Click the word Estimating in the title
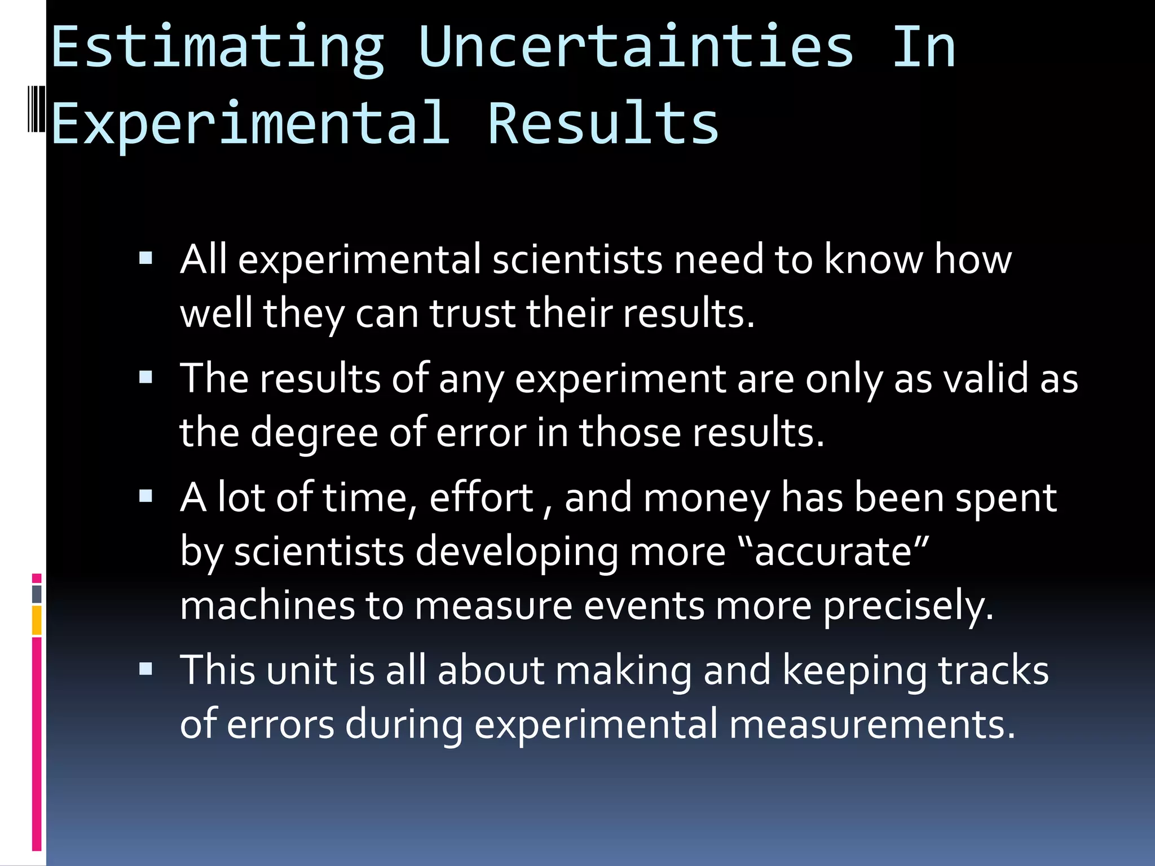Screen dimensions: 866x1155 pos(218,48)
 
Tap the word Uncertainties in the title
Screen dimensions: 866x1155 pos(636,48)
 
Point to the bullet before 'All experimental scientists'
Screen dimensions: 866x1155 pos(146,259)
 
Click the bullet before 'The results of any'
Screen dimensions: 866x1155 pos(146,377)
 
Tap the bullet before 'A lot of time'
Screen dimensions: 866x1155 pos(146,496)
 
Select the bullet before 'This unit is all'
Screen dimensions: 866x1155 pos(146,669)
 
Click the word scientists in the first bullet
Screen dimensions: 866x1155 pos(577,260)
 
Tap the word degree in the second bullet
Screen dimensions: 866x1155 pos(314,433)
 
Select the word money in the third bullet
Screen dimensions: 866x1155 pos(706,498)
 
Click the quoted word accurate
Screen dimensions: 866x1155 pos(834,551)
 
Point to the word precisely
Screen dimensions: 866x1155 pos(907,607)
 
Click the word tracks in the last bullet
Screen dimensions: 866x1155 pos(993,670)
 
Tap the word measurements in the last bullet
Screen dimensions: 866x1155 pos(872,724)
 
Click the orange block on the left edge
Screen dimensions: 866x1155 pos(37,620)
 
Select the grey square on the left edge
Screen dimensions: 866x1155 pos(37,594)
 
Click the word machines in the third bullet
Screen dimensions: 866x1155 pos(267,606)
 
